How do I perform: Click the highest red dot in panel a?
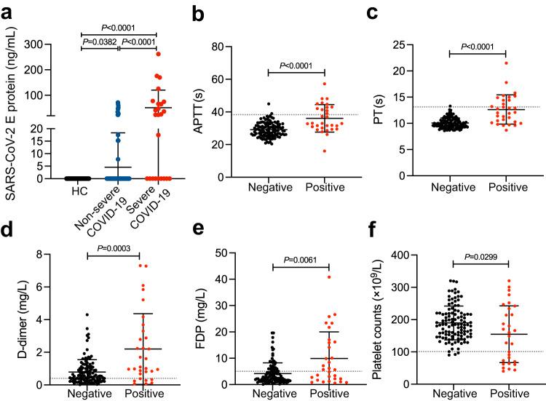click(x=159, y=54)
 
